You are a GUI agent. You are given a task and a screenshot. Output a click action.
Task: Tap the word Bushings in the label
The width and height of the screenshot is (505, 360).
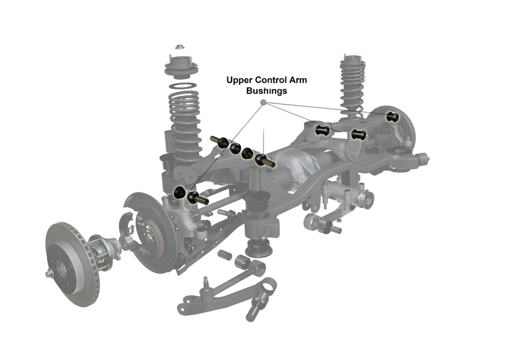(x=266, y=91)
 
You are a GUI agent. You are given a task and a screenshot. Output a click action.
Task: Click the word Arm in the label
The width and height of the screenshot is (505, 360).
(x=298, y=80)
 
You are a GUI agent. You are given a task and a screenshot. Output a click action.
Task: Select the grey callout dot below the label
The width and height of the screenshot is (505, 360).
(x=263, y=103)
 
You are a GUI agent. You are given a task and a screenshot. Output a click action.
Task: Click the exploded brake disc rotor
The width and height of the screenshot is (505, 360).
(x=73, y=264)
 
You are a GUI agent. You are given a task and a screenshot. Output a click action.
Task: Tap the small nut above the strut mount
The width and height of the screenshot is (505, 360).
(x=180, y=47)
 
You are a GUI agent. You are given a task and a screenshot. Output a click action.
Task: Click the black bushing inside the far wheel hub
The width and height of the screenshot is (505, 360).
(x=392, y=117)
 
